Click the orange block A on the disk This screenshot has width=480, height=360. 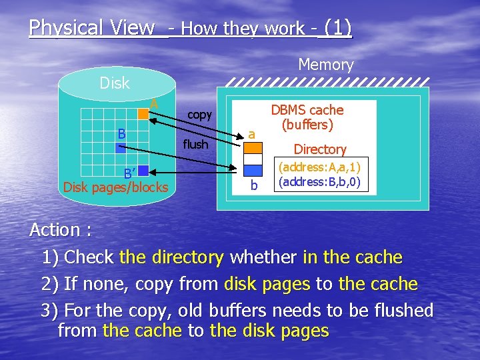tap(143, 115)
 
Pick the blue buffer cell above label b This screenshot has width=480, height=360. tap(252, 171)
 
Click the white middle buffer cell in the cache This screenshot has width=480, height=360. tap(252, 159)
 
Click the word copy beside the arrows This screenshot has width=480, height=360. tap(199, 115)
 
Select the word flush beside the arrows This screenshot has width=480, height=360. tap(195, 144)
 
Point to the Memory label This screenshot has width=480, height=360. tap(325, 65)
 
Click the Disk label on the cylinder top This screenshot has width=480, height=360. tap(114, 83)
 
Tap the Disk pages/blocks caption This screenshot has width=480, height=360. tap(115, 187)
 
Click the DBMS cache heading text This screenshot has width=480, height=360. tap(307, 117)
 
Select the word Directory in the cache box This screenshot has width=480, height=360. tap(320, 149)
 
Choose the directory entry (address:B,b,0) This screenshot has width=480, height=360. tap(320, 181)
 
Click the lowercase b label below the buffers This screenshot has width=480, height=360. tap(253, 185)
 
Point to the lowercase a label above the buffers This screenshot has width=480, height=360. tap(251, 134)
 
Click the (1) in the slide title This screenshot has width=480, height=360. tap(338, 28)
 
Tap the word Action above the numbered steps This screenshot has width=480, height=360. tap(55, 230)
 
